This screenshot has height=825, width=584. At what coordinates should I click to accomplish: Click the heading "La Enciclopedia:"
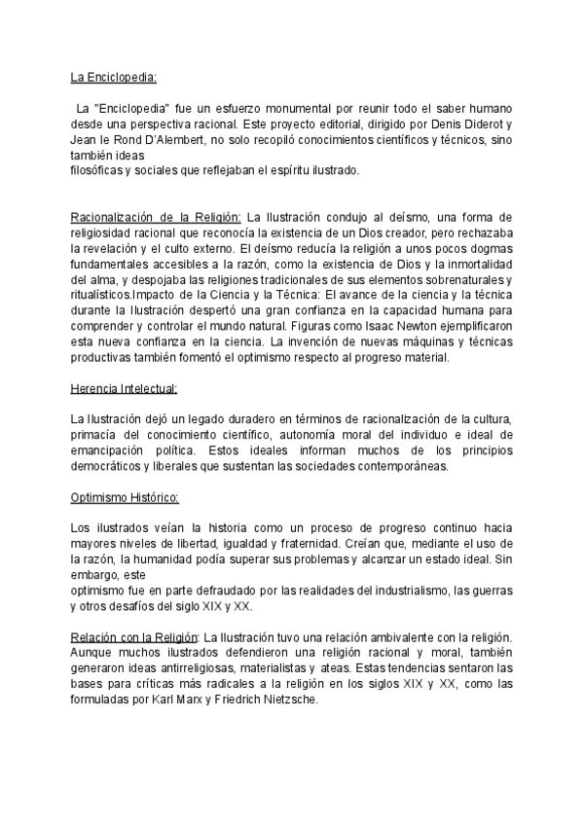point(114,78)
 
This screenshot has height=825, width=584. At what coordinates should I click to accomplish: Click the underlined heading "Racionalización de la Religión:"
point(156,216)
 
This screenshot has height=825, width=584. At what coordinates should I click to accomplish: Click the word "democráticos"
point(107,465)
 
